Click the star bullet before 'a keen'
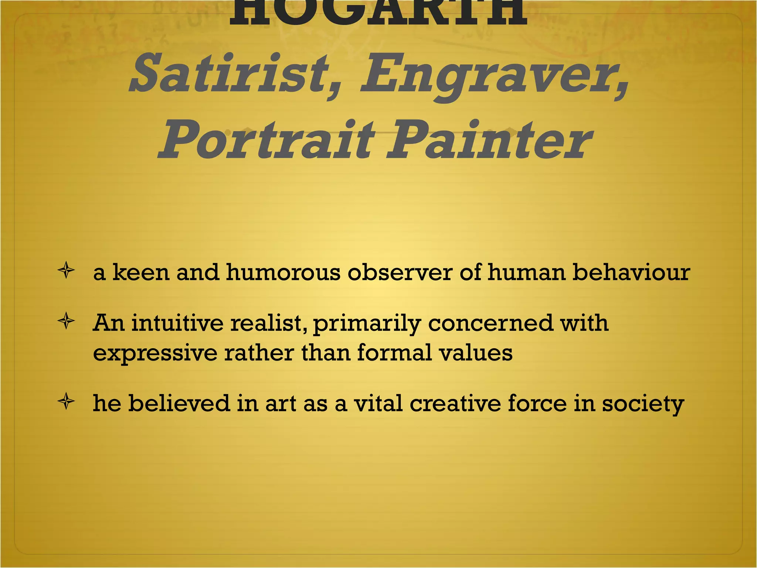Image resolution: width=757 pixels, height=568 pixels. [x=67, y=271]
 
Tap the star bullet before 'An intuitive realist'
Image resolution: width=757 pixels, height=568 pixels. [x=67, y=321]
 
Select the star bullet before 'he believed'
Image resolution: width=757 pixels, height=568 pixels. [x=67, y=402]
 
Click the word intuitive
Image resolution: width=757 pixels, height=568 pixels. [x=177, y=323]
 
